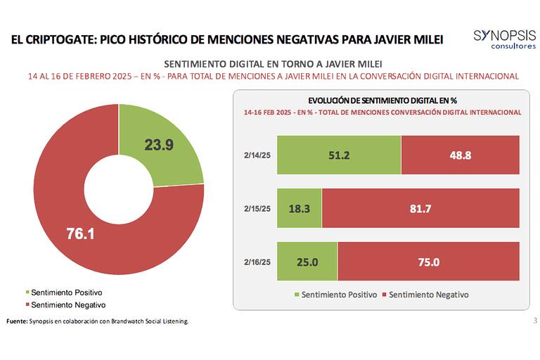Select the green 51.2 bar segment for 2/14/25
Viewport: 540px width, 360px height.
click(338, 154)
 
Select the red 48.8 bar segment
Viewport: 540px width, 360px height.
click(460, 154)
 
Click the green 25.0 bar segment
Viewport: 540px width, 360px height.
click(307, 261)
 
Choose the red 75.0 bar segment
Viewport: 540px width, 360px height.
click(428, 261)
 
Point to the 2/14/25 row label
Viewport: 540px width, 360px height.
click(257, 155)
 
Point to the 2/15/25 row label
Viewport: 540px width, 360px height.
click(257, 207)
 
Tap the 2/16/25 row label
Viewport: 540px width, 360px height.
click(257, 261)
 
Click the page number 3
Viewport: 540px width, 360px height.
click(534, 321)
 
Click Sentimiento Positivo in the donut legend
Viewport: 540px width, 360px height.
click(67, 292)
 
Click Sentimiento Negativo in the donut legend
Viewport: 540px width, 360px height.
click(67, 304)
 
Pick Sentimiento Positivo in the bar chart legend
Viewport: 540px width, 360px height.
click(334, 295)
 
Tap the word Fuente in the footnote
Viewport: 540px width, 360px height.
click(15, 321)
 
